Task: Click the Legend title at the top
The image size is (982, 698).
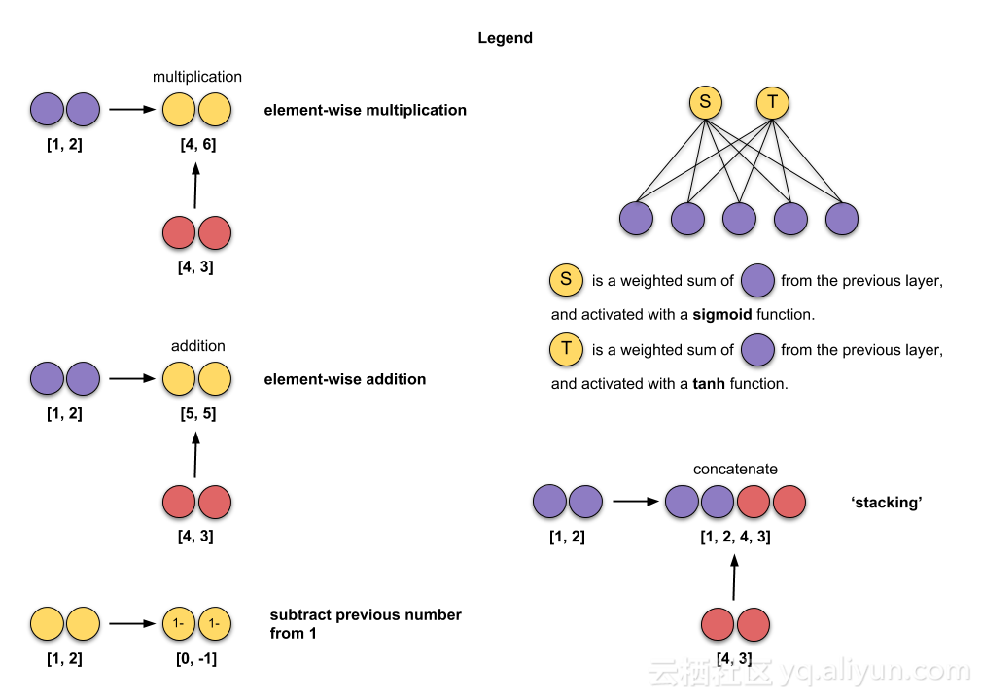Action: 505,38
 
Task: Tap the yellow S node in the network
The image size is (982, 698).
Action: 705,103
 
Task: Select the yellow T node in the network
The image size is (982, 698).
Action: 772,103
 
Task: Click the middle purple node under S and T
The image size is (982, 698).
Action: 738,220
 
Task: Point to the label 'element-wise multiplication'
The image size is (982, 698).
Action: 365,110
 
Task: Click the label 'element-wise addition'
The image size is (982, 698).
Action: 344,379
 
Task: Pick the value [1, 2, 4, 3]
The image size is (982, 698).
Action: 735,536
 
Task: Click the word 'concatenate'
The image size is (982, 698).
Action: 735,469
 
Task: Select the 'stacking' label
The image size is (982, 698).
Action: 886,503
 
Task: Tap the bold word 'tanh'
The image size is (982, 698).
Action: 709,384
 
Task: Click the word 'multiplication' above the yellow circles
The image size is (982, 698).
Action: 197,76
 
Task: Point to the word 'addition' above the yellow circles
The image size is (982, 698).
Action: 197,345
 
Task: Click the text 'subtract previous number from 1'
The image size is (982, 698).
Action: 365,624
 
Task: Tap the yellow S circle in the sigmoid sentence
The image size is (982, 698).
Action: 566,280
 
